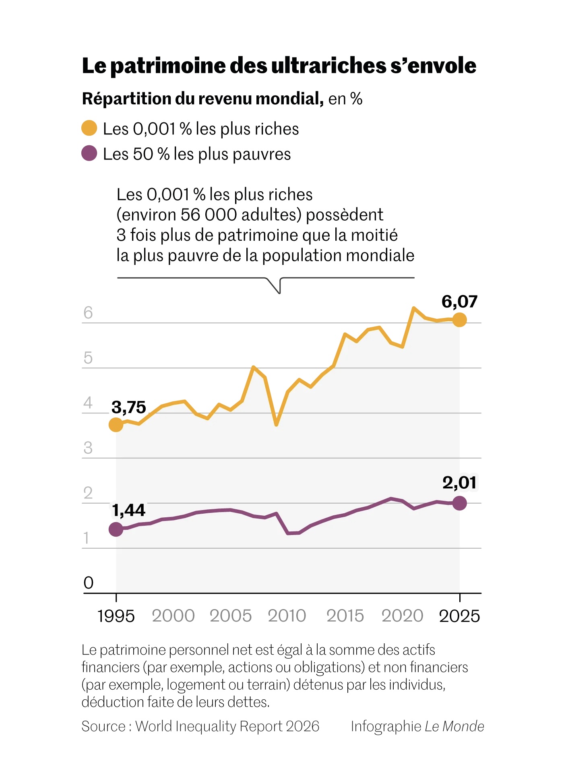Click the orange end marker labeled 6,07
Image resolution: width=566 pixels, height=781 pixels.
pyautogui.click(x=459, y=320)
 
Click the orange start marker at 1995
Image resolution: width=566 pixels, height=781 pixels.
pyautogui.click(x=116, y=424)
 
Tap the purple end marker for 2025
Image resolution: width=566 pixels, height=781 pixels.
pyautogui.click(x=459, y=503)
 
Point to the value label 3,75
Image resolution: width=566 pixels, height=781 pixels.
pyautogui.click(x=128, y=407)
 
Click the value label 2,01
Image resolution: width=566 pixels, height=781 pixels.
pyautogui.click(x=459, y=483)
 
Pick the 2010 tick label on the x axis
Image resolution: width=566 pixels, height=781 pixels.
pyautogui.click(x=287, y=616)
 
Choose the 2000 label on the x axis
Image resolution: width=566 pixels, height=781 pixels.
pyautogui.click(x=173, y=616)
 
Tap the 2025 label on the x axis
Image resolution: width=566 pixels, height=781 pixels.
pyautogui.click(x=459, y=616)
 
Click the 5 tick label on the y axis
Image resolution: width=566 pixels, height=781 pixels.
pyautogui.click(x=88, y=358)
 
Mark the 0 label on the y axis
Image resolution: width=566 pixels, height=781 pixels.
pyautogui.click(x=88, y=583)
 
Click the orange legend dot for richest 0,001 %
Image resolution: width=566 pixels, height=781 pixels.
pyautogui.click(x=89, y=128)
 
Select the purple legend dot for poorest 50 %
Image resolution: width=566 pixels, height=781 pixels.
pyautogui.click(x=89, y=153)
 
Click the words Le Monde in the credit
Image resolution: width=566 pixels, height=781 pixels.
pyautogui.click(x=454, y=726)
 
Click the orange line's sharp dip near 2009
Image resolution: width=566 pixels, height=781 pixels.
pyautogui.click(x=276, y=424)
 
